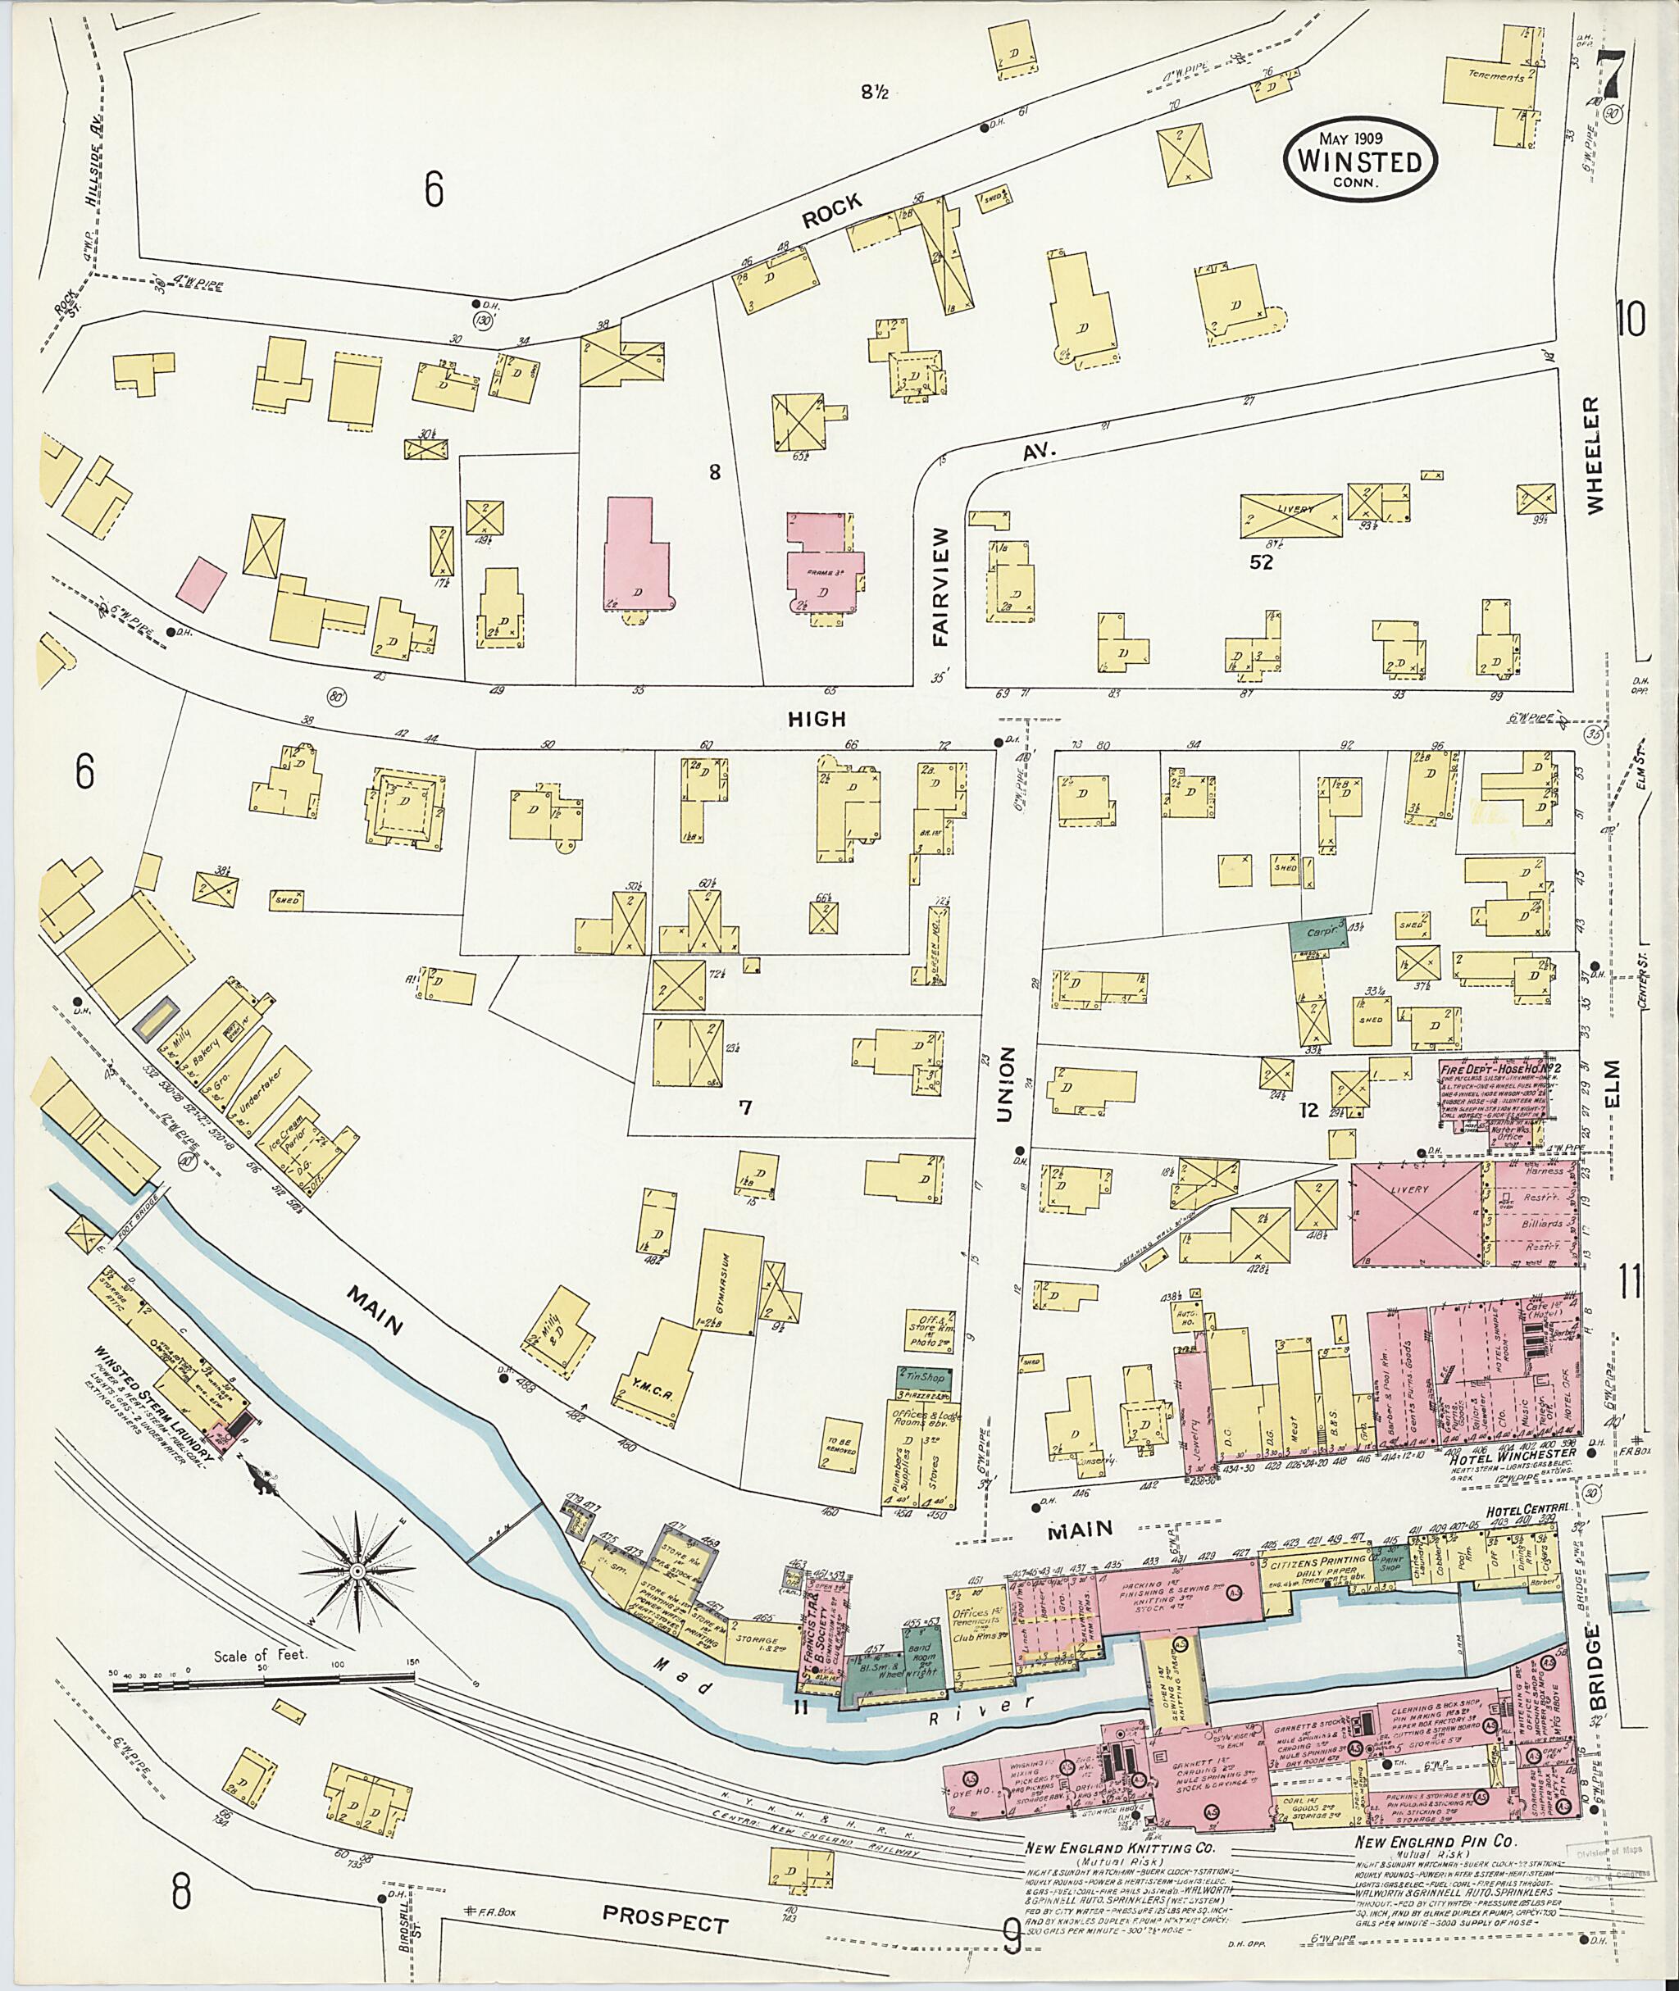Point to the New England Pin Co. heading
[x=1429, y=1844]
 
